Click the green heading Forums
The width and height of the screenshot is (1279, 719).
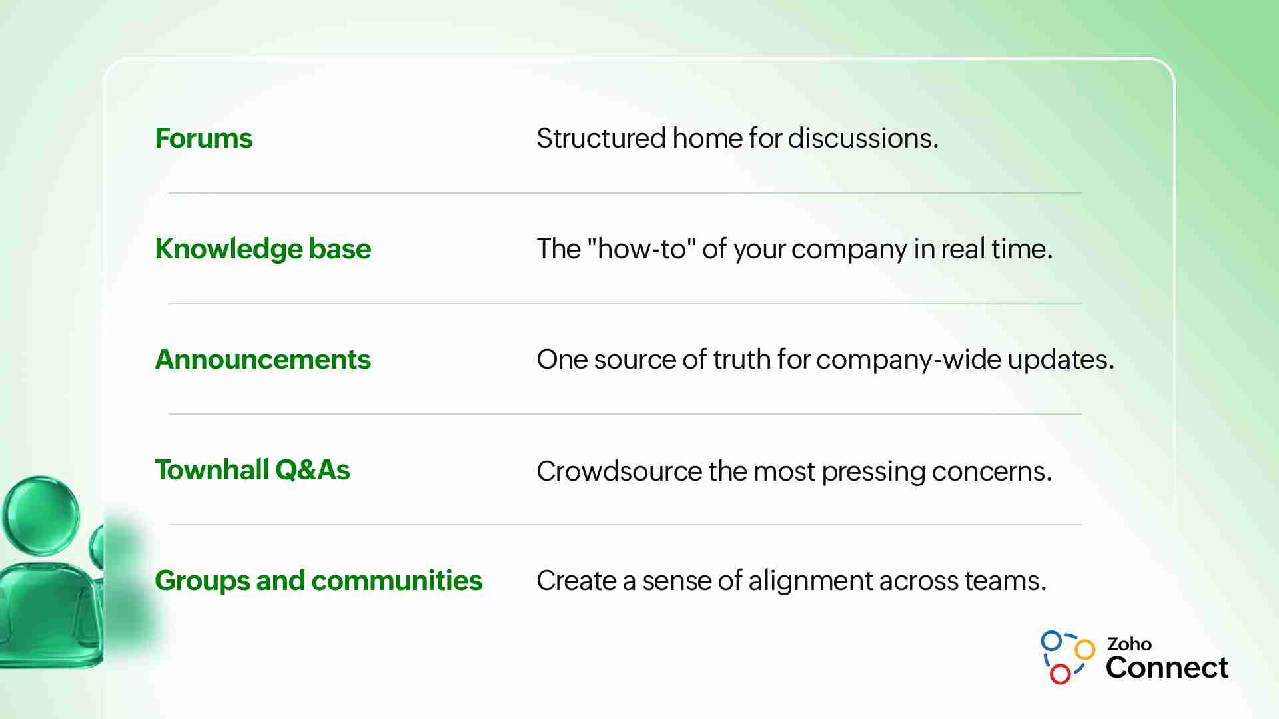point(204,138)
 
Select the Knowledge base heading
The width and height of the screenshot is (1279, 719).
point(263,250)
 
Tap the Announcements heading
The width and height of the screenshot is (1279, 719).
point(263,359)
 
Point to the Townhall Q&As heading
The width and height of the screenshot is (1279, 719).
point(252,470)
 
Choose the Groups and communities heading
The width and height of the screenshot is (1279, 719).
point(318,581)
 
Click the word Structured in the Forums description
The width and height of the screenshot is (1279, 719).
point(602,138)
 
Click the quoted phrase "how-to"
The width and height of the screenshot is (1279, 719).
point(641,248)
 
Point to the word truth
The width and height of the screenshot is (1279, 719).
point(742,359)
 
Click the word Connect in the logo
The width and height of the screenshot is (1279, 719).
point(1167,668)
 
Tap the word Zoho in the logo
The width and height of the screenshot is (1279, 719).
point(1129,644)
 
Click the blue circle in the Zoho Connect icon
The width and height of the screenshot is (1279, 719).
point(1051,641)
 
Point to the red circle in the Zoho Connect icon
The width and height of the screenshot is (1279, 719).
point(1060,674)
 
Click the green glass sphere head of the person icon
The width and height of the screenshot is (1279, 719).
point(41,515)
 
